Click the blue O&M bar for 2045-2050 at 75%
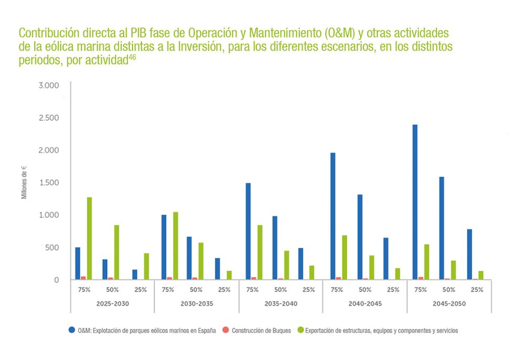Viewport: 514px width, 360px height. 415,202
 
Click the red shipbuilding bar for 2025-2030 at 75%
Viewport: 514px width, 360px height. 83,278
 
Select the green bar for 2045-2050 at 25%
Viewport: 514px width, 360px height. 480,276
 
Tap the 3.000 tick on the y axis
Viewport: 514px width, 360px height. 49,85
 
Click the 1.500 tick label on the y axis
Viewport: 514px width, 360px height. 49,183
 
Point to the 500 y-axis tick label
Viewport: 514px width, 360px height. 52,248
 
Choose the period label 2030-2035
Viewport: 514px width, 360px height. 196,304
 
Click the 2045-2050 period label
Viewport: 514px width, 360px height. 449,304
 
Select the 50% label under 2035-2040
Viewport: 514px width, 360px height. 281,290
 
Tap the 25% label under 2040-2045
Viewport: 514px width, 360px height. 393,290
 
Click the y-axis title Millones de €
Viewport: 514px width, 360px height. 24,182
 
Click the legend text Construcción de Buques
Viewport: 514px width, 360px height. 261,331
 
